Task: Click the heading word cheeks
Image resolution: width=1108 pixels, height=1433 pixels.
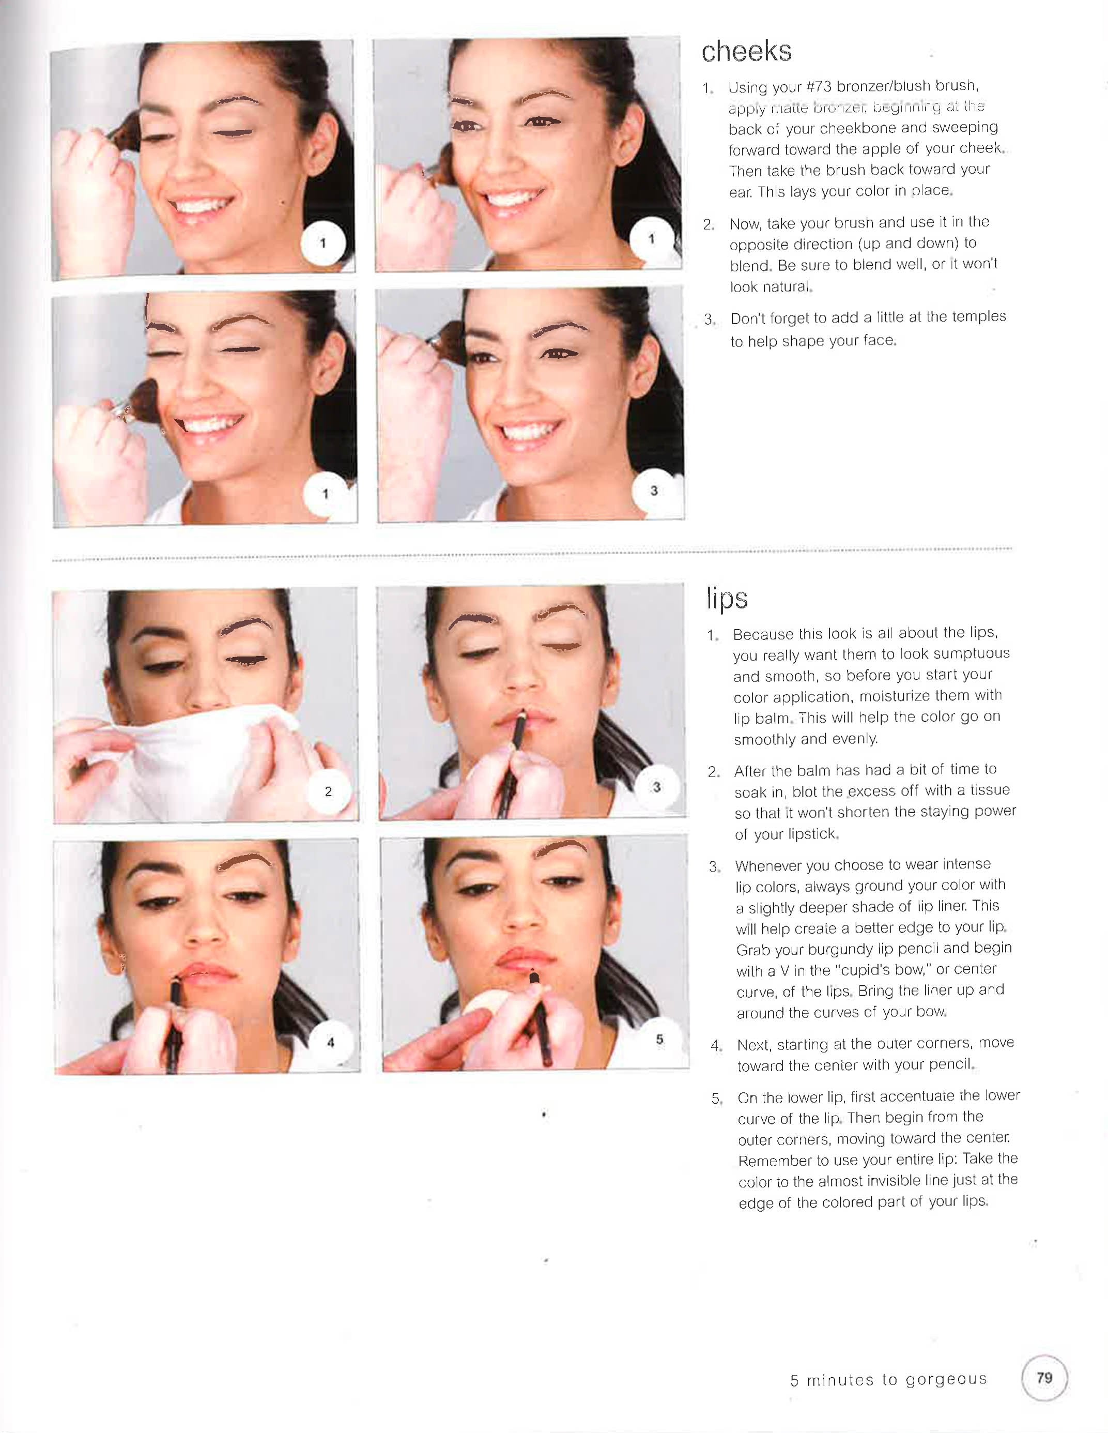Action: [747, 52]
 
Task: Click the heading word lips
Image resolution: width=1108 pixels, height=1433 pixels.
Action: [727, 598]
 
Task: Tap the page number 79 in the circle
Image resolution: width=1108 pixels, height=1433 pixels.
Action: [1044, 1377]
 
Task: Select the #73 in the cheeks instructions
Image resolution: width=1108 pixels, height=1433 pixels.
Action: [819, 87]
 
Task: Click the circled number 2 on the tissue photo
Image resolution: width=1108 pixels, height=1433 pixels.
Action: [329, 791]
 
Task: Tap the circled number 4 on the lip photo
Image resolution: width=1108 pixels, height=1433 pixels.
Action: [331, 1042]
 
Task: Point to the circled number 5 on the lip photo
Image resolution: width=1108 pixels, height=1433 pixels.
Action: [659, 1039]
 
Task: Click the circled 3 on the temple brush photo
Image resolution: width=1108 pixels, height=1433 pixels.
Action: [653, 490]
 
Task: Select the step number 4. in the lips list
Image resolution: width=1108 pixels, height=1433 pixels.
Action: [716, 1046]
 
